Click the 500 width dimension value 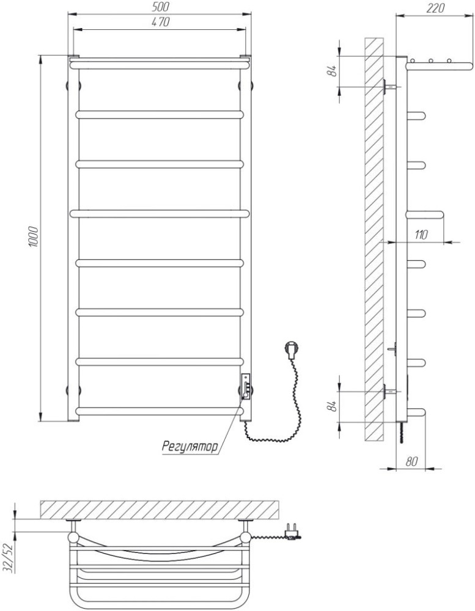[x=160, y=8]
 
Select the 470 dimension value [x=160, y=22]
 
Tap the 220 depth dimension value [x=435, y=8]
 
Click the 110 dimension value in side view [x=421, y=235]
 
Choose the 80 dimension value [x=411, y=461]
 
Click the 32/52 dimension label [x=8, y=558]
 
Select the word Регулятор [x=190, y=446]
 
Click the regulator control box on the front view [x=246, y=387]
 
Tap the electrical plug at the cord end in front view [x=292, y=349]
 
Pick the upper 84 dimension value [x=333, y=71]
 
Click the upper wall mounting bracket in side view [x=390, y=86]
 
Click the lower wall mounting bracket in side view [x=390, y=391]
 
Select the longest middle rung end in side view [x=425, y=214]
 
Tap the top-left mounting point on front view [x=73, y=86]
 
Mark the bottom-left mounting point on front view [x=73, y=390]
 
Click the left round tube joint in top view [x=73, y=537]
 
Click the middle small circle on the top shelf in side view [x=431, y=60]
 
